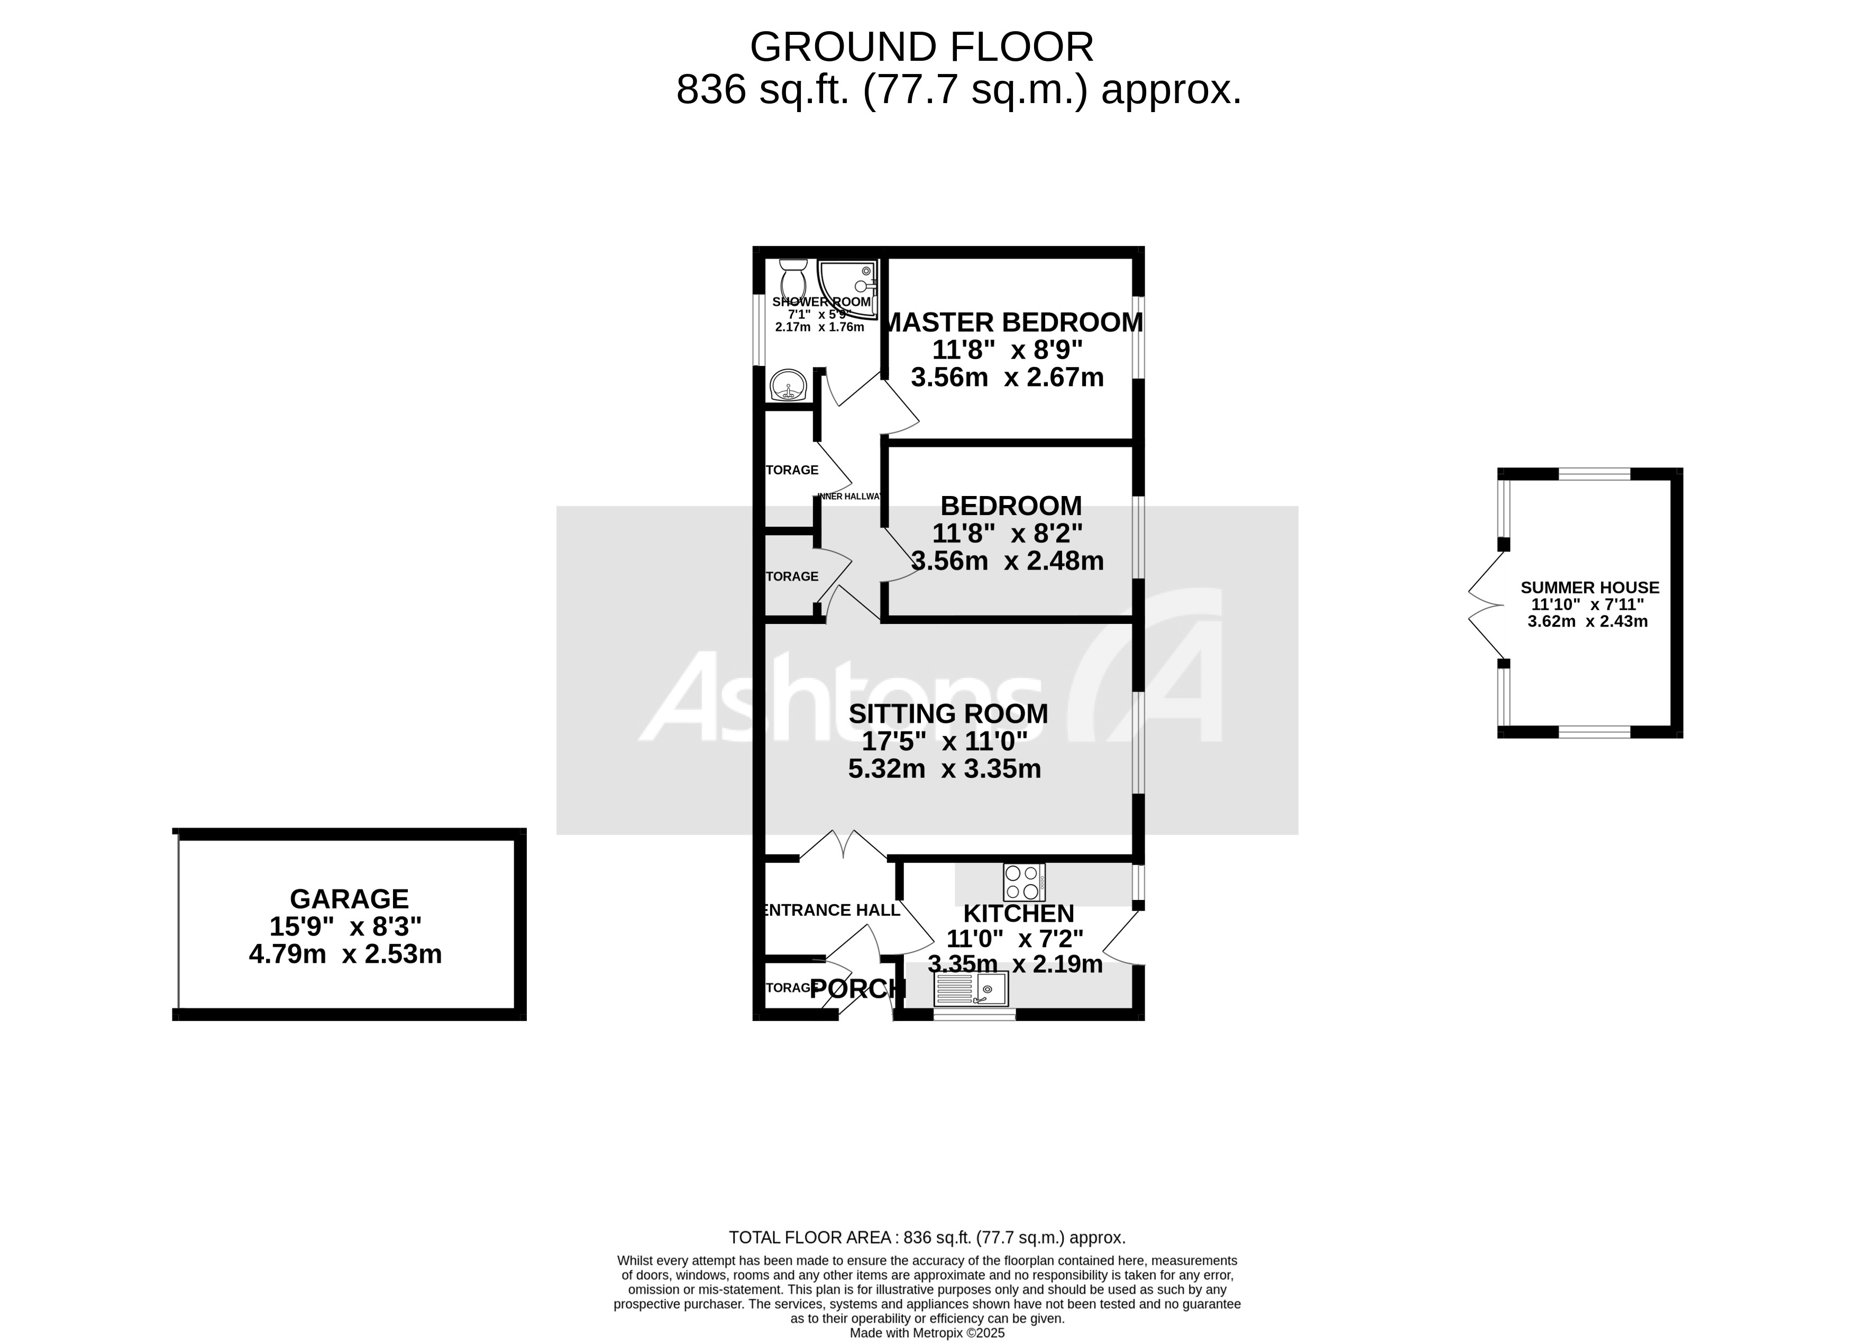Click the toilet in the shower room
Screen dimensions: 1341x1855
tap(792, 278)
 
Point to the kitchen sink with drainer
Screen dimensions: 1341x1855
tap(971, 989)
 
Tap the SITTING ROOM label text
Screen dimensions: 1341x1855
tap(948, 714)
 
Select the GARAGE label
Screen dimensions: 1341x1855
tap(349, 898)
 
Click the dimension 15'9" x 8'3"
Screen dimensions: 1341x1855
tap(345, 926)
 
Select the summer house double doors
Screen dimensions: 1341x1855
tap(1485, 605)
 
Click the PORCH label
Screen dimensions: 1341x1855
tap(857, 989)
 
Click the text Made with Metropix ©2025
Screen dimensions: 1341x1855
tap(927, 1333)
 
